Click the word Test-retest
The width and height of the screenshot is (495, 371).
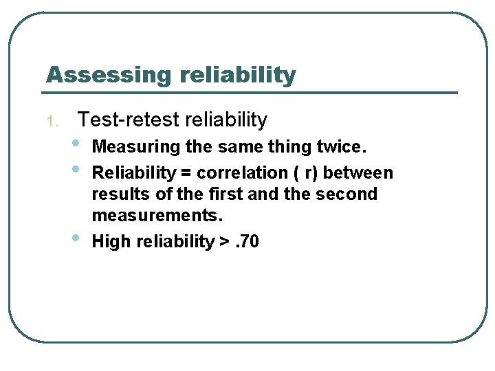(x=120, y=120)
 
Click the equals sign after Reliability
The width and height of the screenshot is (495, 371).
(x=185, y=172)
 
